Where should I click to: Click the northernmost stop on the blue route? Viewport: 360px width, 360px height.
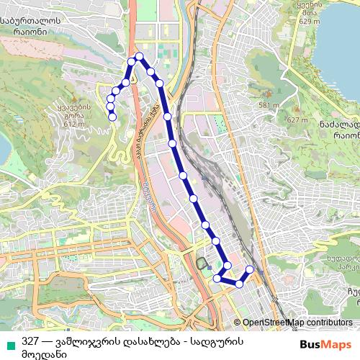139,56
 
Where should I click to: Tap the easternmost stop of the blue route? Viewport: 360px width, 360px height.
251,269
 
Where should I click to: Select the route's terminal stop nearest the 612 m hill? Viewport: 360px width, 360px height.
112,116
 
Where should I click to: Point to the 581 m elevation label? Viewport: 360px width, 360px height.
267,105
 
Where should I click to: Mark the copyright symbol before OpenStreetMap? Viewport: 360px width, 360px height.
238,323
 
